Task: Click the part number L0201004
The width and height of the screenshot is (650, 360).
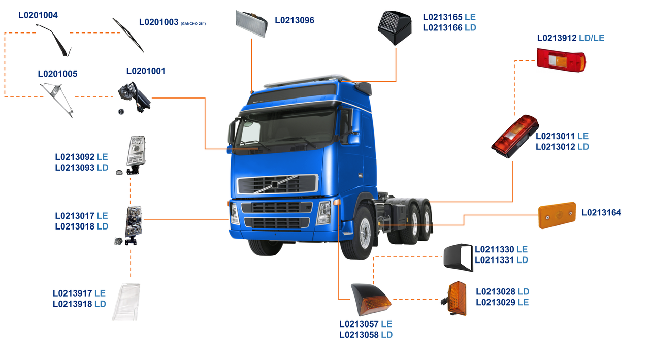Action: pyautogui.click(x=38, y=15)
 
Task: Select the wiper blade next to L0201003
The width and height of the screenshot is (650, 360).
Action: pyautogui.click(x=128, y=35)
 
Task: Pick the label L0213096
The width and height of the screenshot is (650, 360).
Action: pyautogui.click(x=295, y=20)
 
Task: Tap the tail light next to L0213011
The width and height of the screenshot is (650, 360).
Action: pyautogui.click(x=514, y=136)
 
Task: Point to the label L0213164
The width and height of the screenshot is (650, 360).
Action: pyautogui.click(x=601, y=212)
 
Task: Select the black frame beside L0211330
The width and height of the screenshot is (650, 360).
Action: pyautogui.click(x=459, y=258)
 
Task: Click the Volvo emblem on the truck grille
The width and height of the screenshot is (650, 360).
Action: pyautogui.click(x=275, y=185)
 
